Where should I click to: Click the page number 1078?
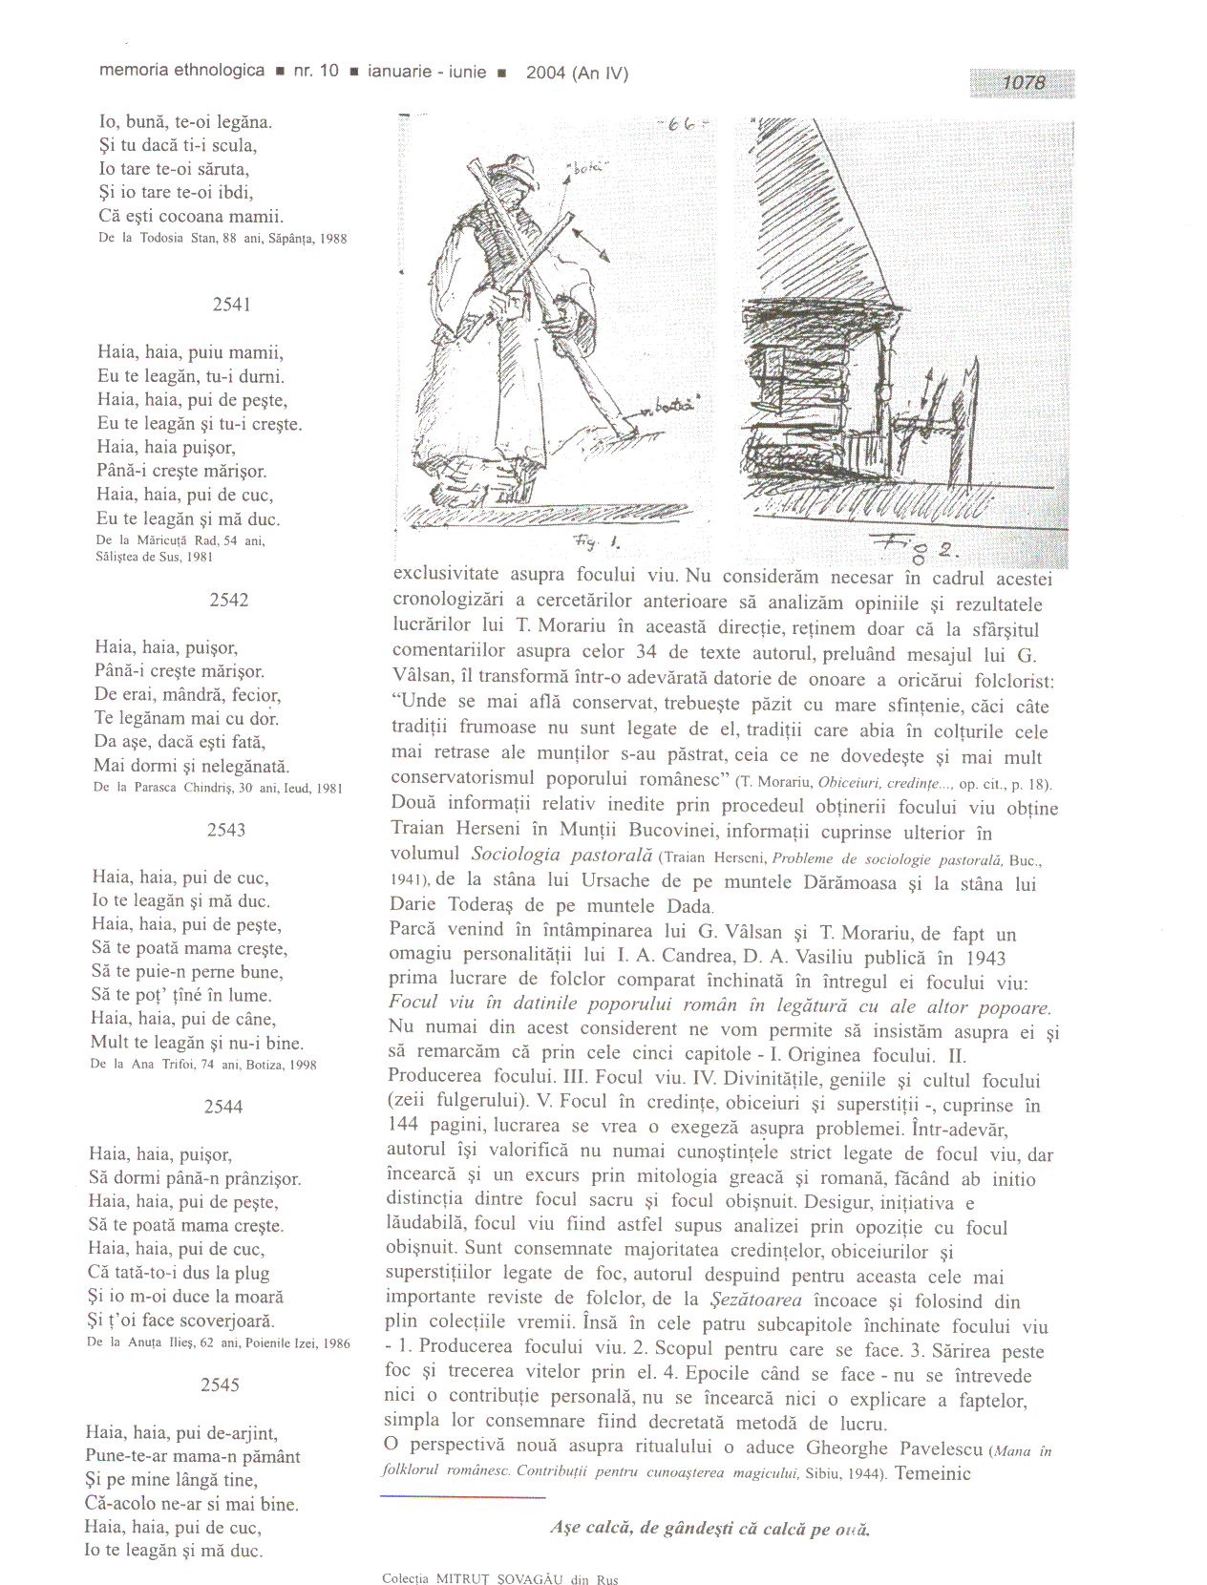1023,83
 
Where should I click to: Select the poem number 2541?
231,305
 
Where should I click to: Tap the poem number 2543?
226,830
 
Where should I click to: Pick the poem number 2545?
220,1384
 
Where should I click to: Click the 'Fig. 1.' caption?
597,542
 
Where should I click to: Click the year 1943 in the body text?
985,958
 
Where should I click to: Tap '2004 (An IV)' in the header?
577,73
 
